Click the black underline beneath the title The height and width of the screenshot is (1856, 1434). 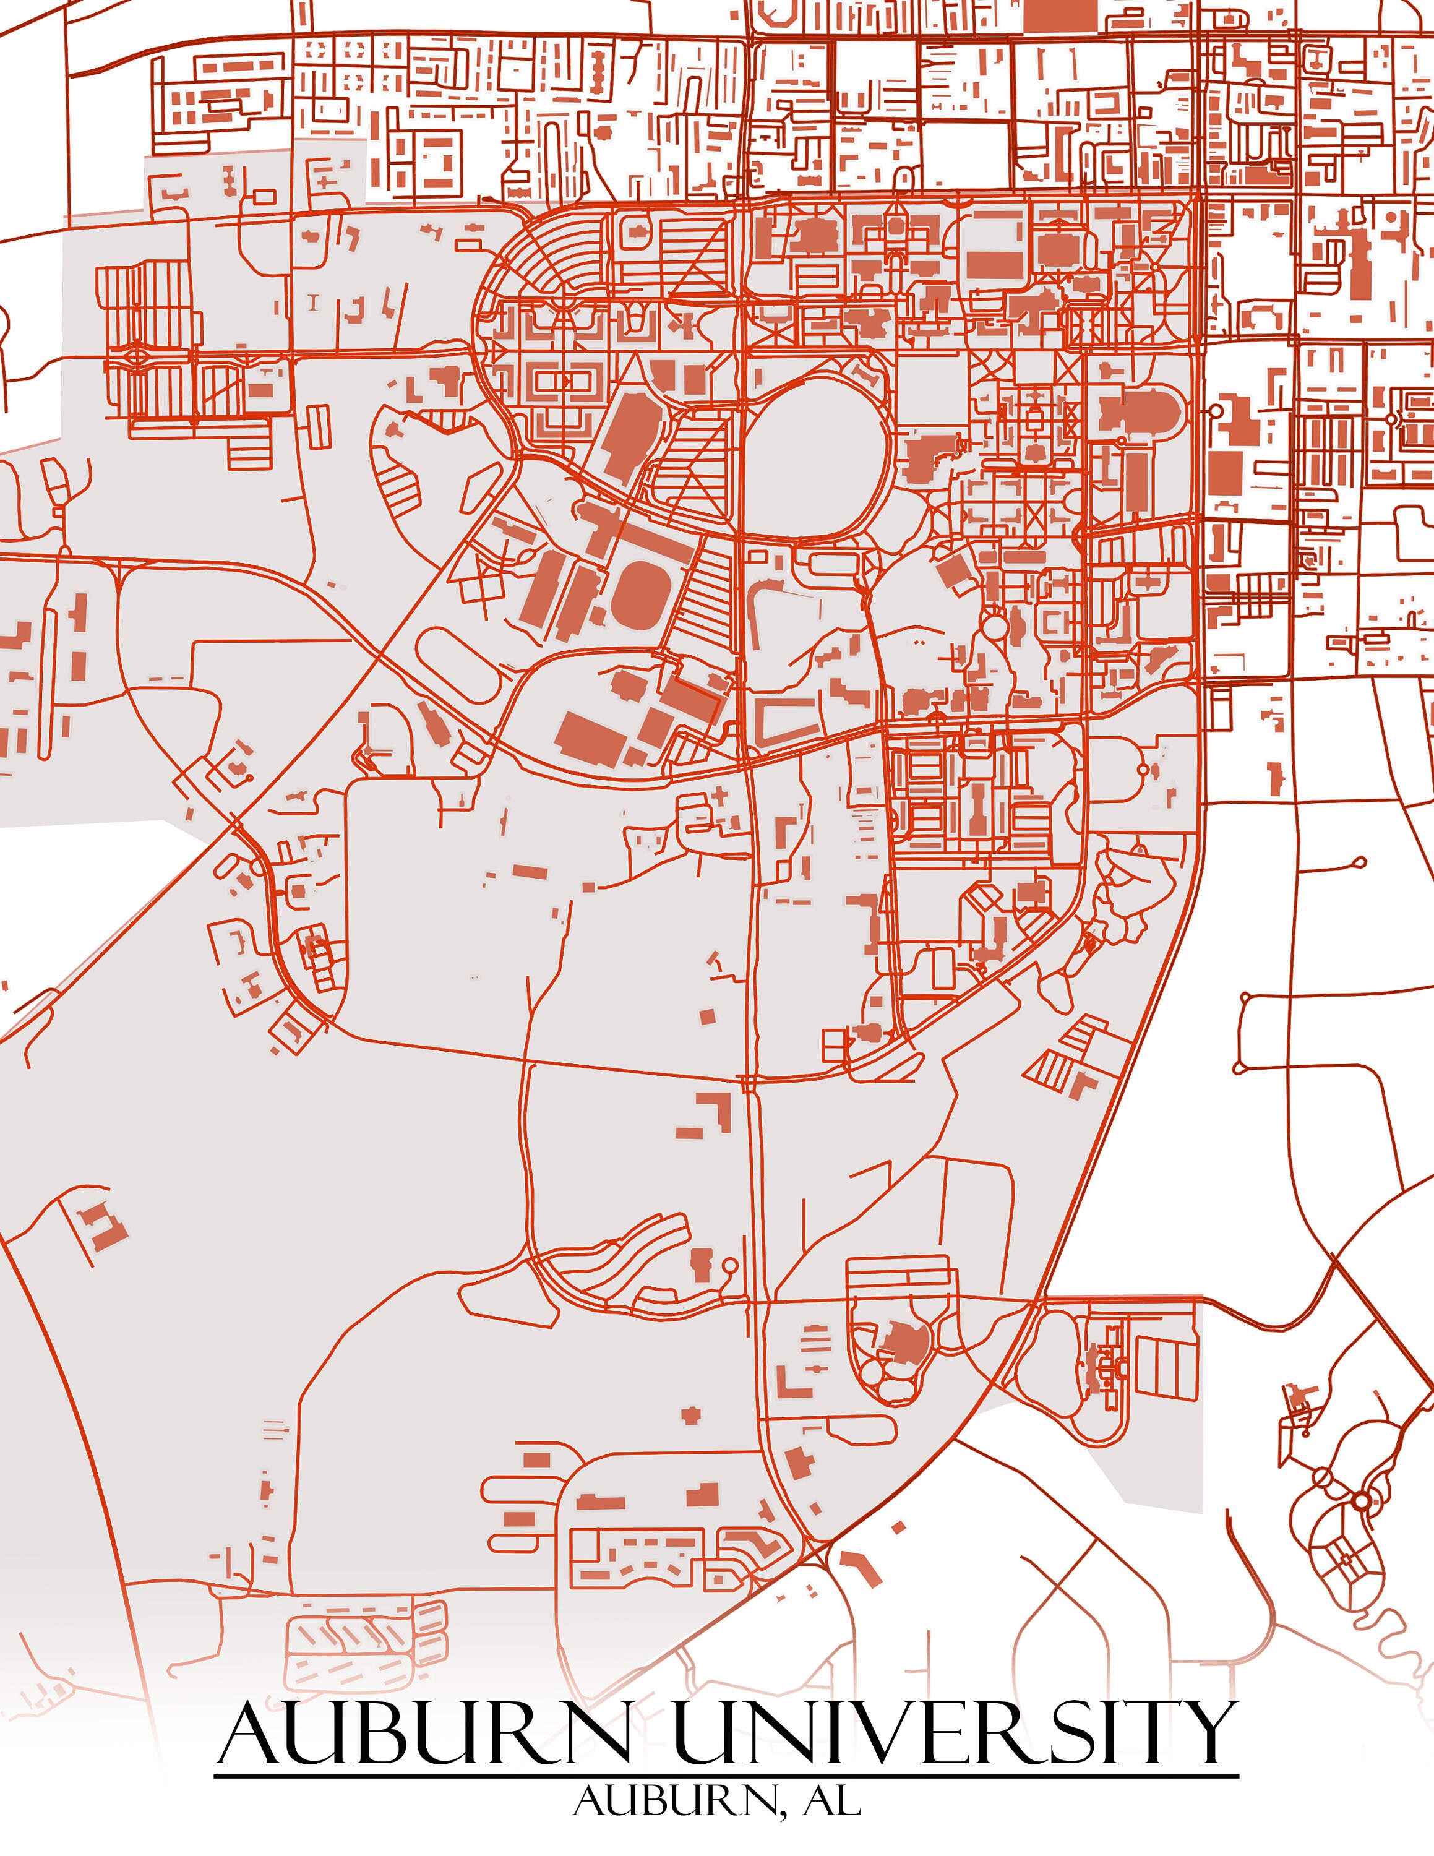[726, 1776]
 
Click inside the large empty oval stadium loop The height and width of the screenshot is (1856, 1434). [815, 459]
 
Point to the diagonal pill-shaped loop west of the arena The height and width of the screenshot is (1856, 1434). [459, 664]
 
